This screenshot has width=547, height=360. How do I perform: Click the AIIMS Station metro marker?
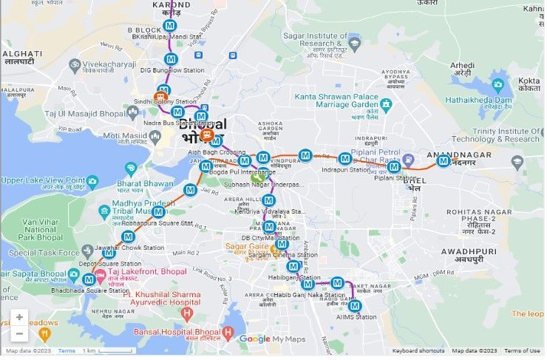[x=355, y=306]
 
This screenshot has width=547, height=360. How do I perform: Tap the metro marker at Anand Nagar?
[x=443, y=160]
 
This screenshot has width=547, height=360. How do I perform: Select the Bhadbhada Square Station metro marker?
[x=89, y=279]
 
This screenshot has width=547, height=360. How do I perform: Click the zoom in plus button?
[x=19, y=317]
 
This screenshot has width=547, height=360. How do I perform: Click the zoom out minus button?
[x=19, y=333]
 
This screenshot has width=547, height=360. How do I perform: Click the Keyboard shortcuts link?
[x=418, y=350]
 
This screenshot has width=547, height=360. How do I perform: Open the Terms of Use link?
[x=522, y=350]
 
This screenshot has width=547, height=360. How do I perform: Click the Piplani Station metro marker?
[x=393, y=167]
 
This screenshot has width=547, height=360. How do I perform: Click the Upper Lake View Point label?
[x=43, y=180]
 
